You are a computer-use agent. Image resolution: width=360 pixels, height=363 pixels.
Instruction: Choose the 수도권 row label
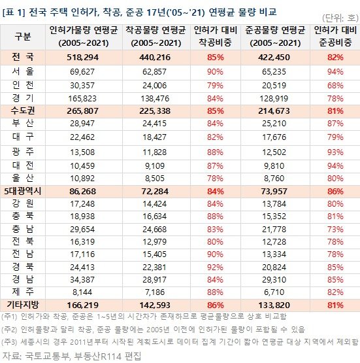pos(22,111)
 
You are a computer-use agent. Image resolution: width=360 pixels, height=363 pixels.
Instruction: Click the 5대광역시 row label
pos(23,191)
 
